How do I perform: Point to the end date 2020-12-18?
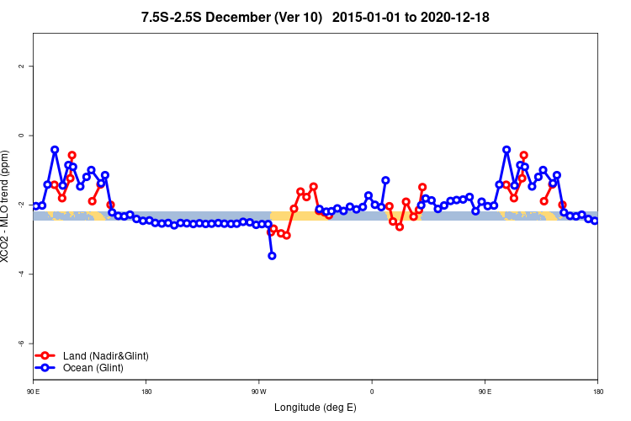click(x=456, y=17)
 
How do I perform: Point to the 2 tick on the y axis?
click(x=21, y=66)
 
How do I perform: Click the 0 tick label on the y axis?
click(x=21, y=135)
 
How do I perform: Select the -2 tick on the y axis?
click(x=21, y=205)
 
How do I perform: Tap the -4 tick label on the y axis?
click(x=21, y=274)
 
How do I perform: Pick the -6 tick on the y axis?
click(x=21, y=344)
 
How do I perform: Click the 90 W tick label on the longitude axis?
click(x=257, y=392)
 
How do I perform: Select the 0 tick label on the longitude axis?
click(x=372, y=392)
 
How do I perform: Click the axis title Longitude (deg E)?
click(x=315, y=408)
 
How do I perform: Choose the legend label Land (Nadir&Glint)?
click(x=106, y=356)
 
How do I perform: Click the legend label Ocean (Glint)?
click(x=93, y=368)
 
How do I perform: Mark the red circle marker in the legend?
click(x=46, y=356)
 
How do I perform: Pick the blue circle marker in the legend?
click(x=46, y=368)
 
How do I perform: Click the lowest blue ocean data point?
click(x=272, y=255)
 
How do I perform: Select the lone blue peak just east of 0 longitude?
click(x=385, y=180)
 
